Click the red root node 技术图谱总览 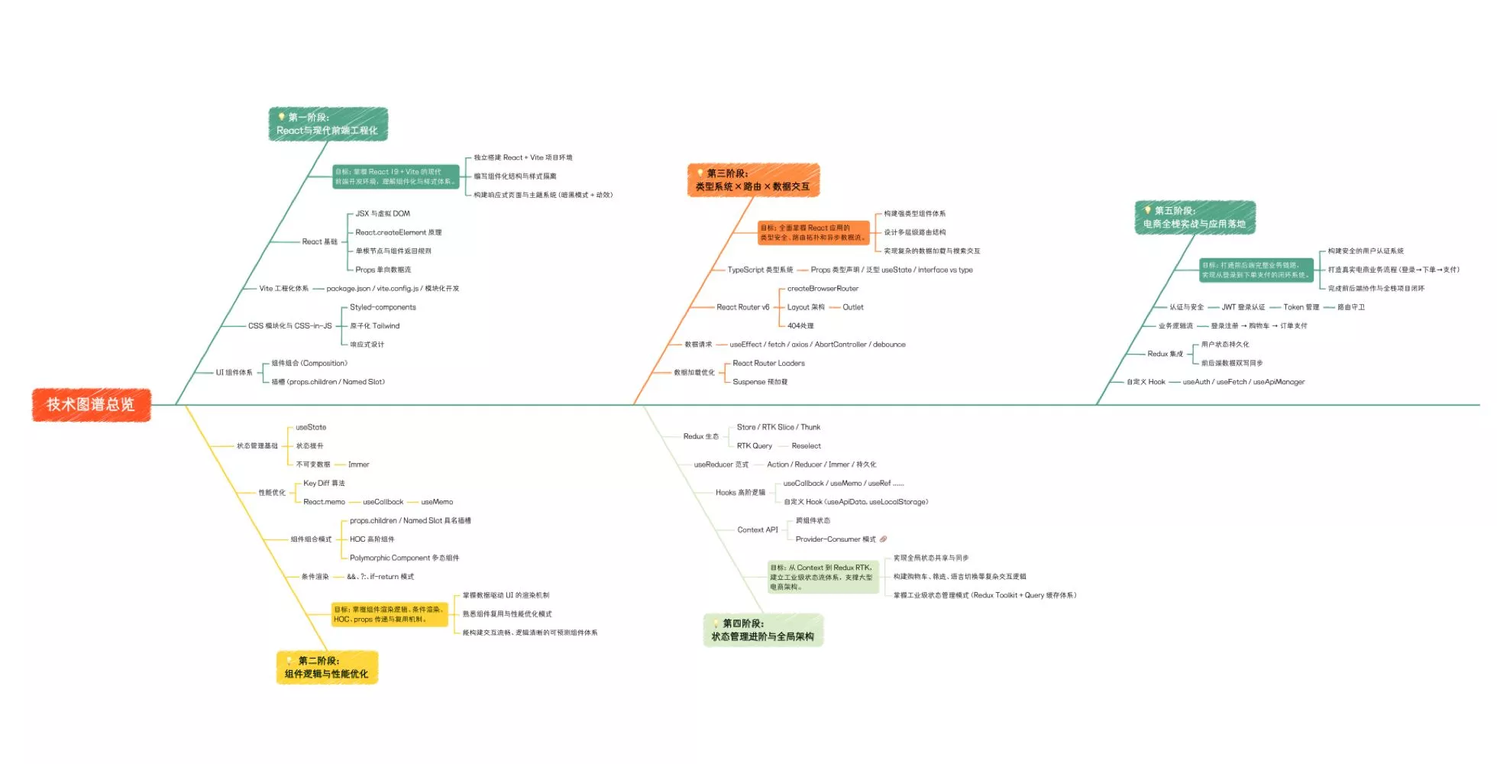[91, 404]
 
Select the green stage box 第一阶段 [328, 124]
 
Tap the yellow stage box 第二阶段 [327, 667]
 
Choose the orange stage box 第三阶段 [753, 180]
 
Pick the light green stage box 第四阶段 [763, 630]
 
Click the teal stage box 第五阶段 [1195, 217]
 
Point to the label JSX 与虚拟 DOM [383, 214]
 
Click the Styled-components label [383, 307]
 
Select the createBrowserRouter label [823, 289]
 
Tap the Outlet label [853, 307]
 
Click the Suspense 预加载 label [760, 382]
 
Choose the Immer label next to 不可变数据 [358, 465]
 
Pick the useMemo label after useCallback [437, 502]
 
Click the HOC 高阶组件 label [372, 539]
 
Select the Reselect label [807, 446]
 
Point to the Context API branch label [758, 530]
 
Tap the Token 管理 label [1301, 307]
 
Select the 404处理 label [800, 326]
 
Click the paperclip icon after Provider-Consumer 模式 [884, 539]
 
